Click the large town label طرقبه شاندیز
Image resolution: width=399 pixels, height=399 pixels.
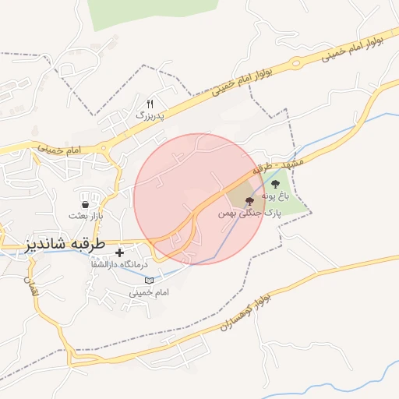click(65, 243)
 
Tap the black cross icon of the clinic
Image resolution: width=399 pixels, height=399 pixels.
click(119, 252)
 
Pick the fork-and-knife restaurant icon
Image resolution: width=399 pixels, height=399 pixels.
click(150, 103)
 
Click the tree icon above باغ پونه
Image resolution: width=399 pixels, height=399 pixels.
click(275, 184)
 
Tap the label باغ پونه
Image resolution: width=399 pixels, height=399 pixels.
click(275, 196)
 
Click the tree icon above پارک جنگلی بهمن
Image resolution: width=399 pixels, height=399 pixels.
click(249, 200)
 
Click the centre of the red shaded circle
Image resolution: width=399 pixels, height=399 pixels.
click(199, 199)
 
